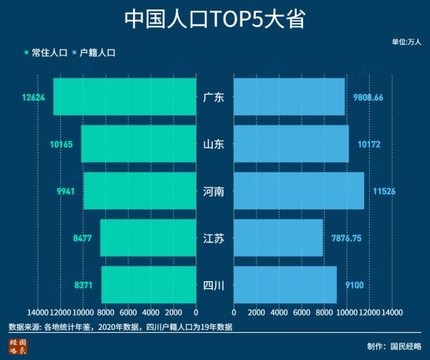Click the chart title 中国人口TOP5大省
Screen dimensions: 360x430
(214, 19)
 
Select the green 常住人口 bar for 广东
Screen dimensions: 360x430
(125, 97)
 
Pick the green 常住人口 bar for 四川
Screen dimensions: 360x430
(149, 285)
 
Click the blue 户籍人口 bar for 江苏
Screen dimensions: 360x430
(278, 238)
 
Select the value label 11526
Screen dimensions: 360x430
(381, 191)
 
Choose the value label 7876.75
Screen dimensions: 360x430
(346, 238)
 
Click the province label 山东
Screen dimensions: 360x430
(214, 144)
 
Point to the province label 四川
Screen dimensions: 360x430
(214, 285)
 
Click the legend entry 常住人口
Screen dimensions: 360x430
(49, 52)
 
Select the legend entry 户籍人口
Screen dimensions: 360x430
(97, 52)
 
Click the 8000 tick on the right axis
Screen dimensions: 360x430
(324, 313)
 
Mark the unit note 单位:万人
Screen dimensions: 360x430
(406, 42)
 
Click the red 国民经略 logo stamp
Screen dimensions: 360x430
(18, 348)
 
